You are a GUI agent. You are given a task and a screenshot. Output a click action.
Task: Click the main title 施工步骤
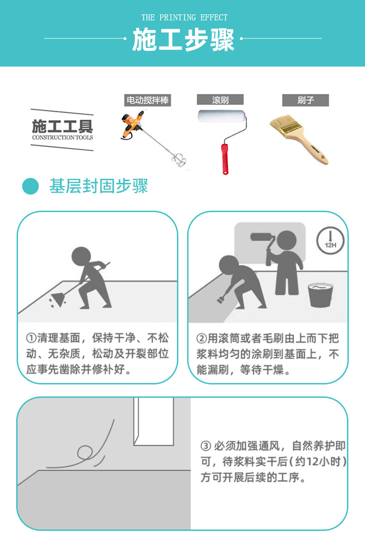(183, 40)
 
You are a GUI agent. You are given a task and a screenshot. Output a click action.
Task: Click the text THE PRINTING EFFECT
(184, 18)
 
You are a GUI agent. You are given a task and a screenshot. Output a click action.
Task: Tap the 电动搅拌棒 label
(147, 100)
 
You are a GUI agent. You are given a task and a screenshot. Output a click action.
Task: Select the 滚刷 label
(220, 100)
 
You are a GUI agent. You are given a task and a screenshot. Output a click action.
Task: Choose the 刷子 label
(305, 100)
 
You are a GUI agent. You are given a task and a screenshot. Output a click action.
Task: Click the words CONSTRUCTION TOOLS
(62, 137)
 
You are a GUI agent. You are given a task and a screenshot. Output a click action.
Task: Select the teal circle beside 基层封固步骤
(30, 186)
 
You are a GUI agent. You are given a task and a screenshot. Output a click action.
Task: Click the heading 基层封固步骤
(98, 186)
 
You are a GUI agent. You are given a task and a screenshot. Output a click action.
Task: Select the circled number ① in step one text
(31, 338)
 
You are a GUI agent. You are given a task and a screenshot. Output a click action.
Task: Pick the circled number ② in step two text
(201, 338)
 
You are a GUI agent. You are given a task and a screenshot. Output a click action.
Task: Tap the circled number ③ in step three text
(206, 446)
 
